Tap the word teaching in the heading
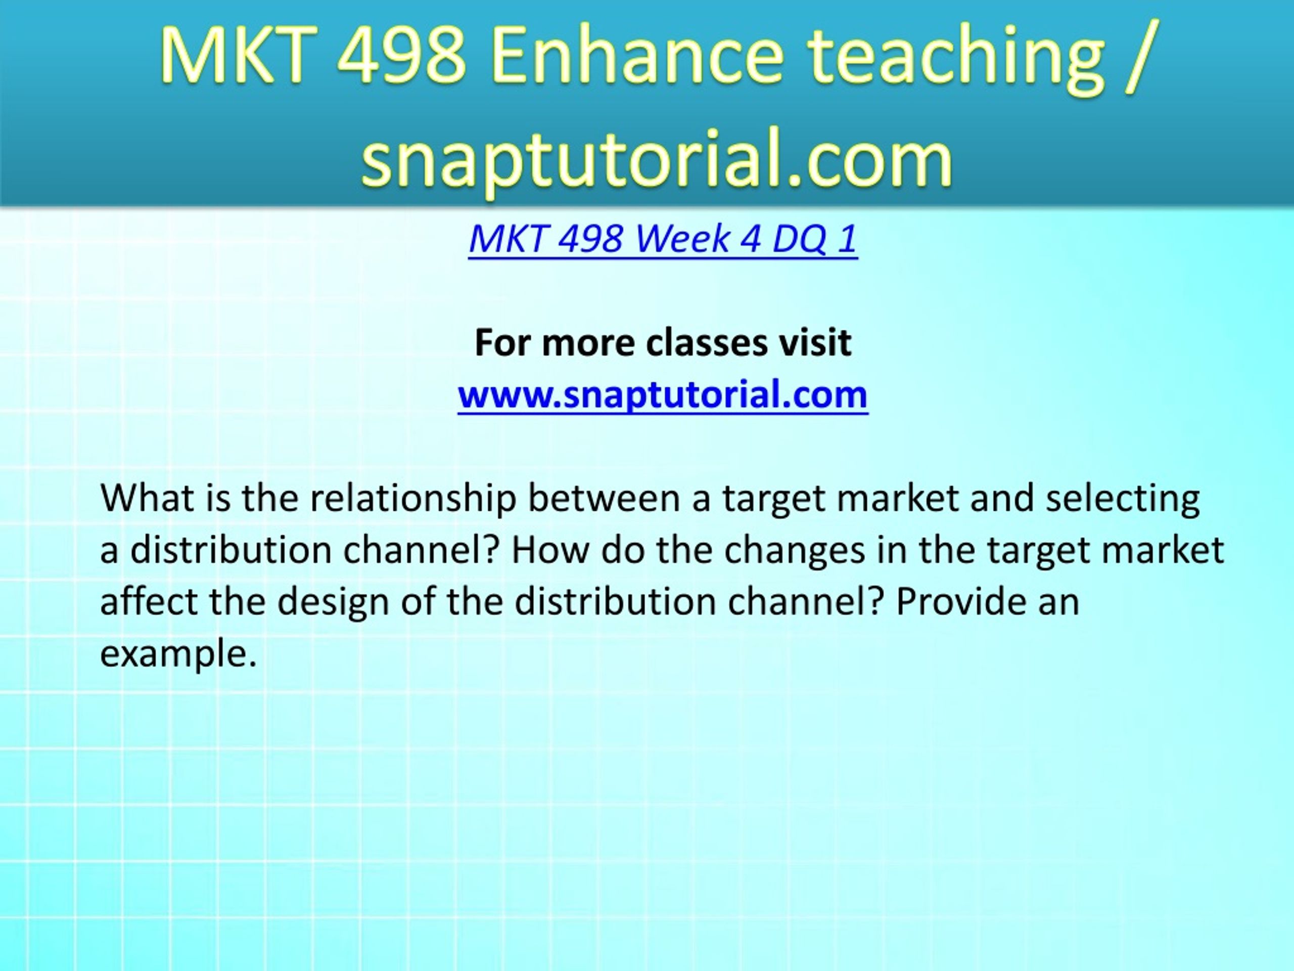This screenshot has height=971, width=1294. pyautogui.click(x=956, y=57)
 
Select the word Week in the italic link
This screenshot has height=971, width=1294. pyautogui.click(x=681, y=239)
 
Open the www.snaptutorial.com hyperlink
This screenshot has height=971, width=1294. pyautogui.click(x=663, y=394)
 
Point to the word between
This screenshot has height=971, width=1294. pyautogui.click(x=604, y=498)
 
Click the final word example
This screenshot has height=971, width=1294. pyautogui.click(x=178, y=654)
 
